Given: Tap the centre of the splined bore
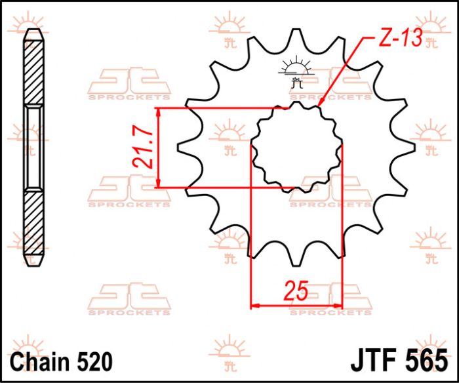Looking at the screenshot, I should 297,146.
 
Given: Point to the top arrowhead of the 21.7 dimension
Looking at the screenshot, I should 159,111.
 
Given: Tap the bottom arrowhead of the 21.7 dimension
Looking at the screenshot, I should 159,184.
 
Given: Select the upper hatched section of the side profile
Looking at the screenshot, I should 33,72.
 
